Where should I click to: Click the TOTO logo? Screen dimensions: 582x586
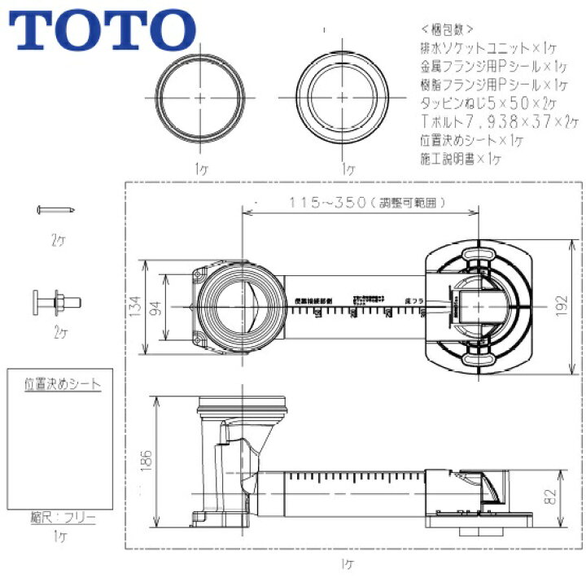[x=100, y=30]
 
